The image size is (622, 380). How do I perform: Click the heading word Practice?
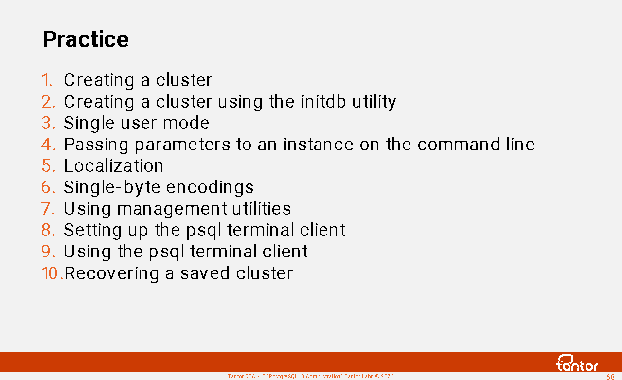click(x=86, y=39)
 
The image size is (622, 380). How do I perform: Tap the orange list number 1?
click(x=47, y=80)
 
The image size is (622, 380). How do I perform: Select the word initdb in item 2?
click(x=323, y=101)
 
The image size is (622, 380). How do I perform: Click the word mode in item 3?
click(x=186, y=123)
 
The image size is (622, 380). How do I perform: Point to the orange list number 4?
click(x=49, y=145)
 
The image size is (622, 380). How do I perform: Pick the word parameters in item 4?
click(x=182, y=145)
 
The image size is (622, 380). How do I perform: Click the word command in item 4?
click(x=459, y=144)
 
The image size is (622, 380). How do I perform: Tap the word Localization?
click(x=114, y=166)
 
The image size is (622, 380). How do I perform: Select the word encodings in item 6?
click(x=210, y=187)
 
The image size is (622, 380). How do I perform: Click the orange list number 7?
click(x=48, y=208)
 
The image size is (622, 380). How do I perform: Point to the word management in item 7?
click(x=172, y=209)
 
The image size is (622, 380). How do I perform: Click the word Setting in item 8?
click(x=93, y=230)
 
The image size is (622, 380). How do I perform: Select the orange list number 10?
click(x=52, y=273)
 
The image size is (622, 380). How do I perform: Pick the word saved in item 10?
click(x=205, y=273)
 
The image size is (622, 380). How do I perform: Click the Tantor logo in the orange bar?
click(x=577, y=363)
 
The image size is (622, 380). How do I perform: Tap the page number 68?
click(x=611, y=377)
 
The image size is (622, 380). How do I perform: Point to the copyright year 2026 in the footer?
click(x=388, y=377)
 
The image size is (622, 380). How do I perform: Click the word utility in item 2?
click(x=374, y=102)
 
